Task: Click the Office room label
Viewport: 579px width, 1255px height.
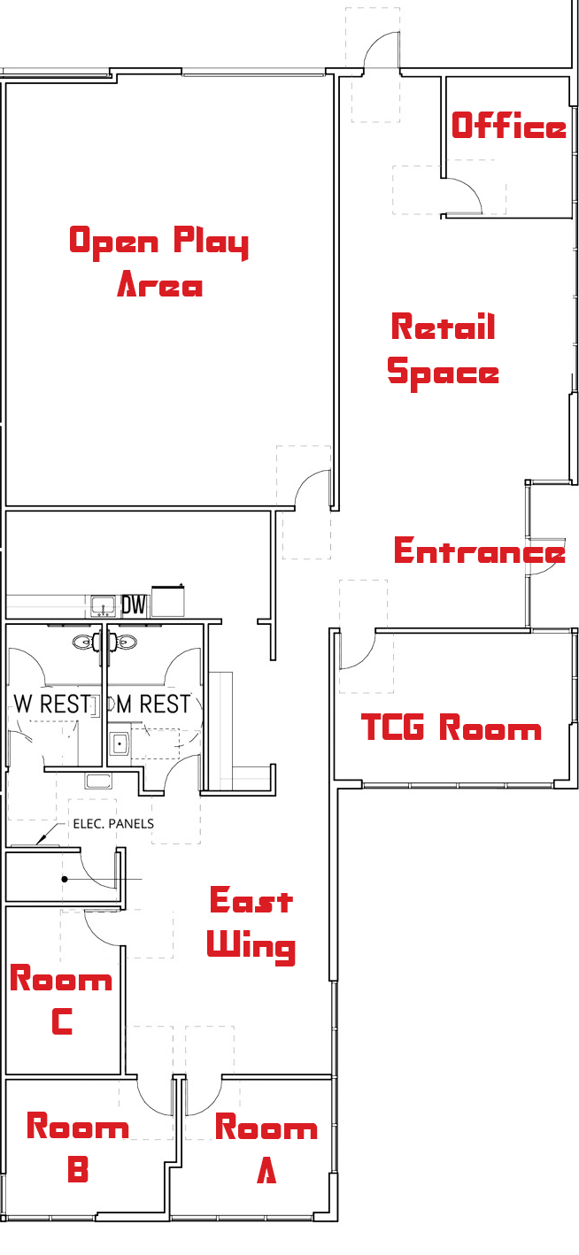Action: (508, 126)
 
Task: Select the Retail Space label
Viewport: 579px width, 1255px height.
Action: (443, 350)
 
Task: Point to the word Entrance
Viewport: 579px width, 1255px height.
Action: (479, 551)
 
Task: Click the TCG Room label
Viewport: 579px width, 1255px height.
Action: (452, 728)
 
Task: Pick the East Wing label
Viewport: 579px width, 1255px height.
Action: (251, 923)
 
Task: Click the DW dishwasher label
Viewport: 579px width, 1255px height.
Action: (133, 605)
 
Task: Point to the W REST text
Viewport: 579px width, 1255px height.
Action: (52, 704)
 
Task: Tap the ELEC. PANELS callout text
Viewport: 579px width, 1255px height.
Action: (113, 824)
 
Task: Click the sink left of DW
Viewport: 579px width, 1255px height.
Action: (104, 606)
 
